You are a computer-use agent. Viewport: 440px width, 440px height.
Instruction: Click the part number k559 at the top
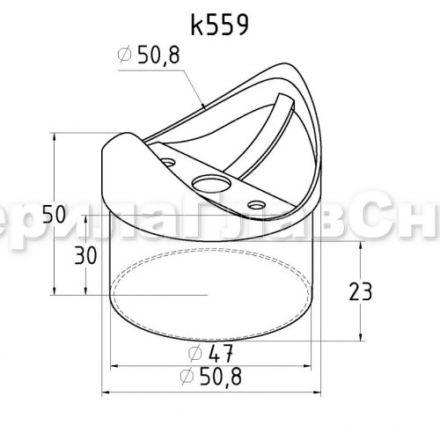pos(218,25)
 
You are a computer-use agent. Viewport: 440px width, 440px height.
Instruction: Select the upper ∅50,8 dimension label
pos(151,57)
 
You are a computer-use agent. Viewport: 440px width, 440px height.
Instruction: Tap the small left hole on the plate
pos(167,161)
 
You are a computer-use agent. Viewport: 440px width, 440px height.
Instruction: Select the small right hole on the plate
pos(256,204)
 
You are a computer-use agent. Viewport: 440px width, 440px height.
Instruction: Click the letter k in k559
pos(195,25)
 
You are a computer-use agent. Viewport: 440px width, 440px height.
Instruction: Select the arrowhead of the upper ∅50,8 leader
pos(205,108)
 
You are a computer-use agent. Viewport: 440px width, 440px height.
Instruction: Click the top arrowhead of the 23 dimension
pos(362,248)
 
